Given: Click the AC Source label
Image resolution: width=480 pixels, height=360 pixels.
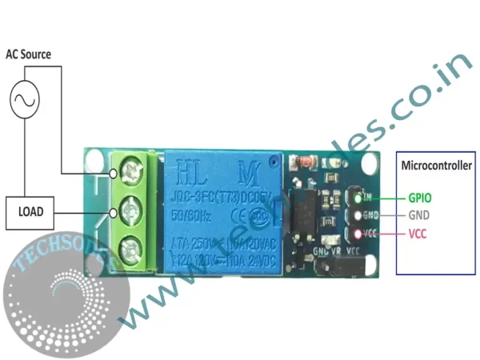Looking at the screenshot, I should pyautogui.click(x=28, y=54).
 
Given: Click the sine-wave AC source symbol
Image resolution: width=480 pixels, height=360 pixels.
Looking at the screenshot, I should pyautogui.click(x=23, y=100).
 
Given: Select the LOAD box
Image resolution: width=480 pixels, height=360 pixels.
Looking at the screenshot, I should pyautogui.click(x=31, y=212).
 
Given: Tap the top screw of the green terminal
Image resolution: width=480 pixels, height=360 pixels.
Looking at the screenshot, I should pyautogui.click(x=127, y=171).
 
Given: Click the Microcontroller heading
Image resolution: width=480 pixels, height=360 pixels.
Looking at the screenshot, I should pyautogui.click(x=436, y=166).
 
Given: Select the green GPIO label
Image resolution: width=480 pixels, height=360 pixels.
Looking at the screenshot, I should pyautogui.click(x=422, y=196).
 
